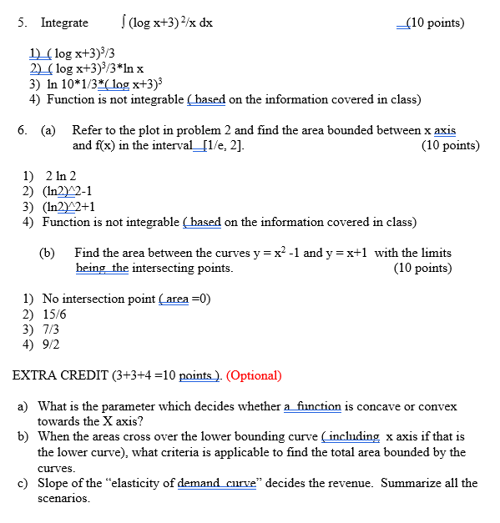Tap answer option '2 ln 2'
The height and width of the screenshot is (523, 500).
click(x=61, y=176)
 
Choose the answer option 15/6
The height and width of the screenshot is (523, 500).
click(x=54, y=314)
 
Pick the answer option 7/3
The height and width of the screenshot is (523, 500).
click(x=51, y=329)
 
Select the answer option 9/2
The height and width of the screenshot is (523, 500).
click(x=51, y=344)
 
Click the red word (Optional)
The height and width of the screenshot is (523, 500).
click(x=254, y=375)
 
